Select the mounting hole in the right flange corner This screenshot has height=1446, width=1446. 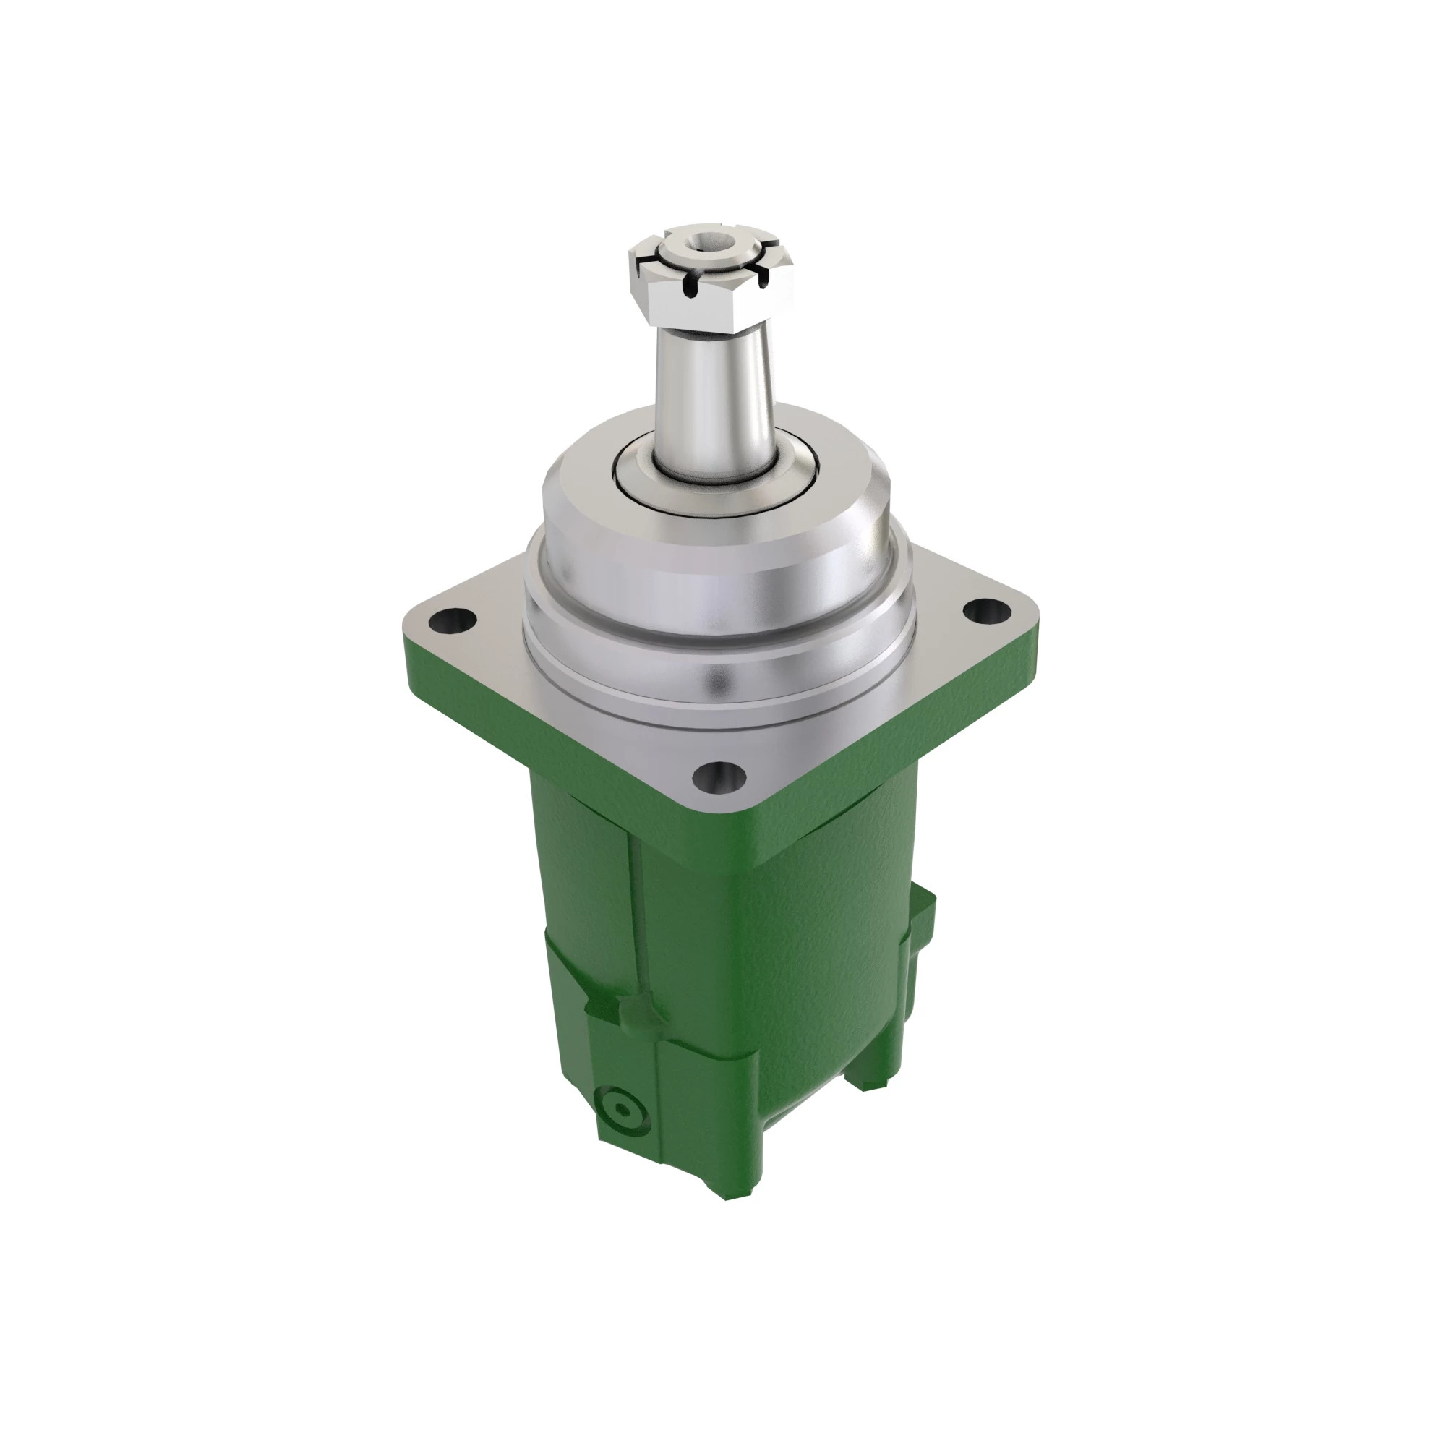pos(986,611)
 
